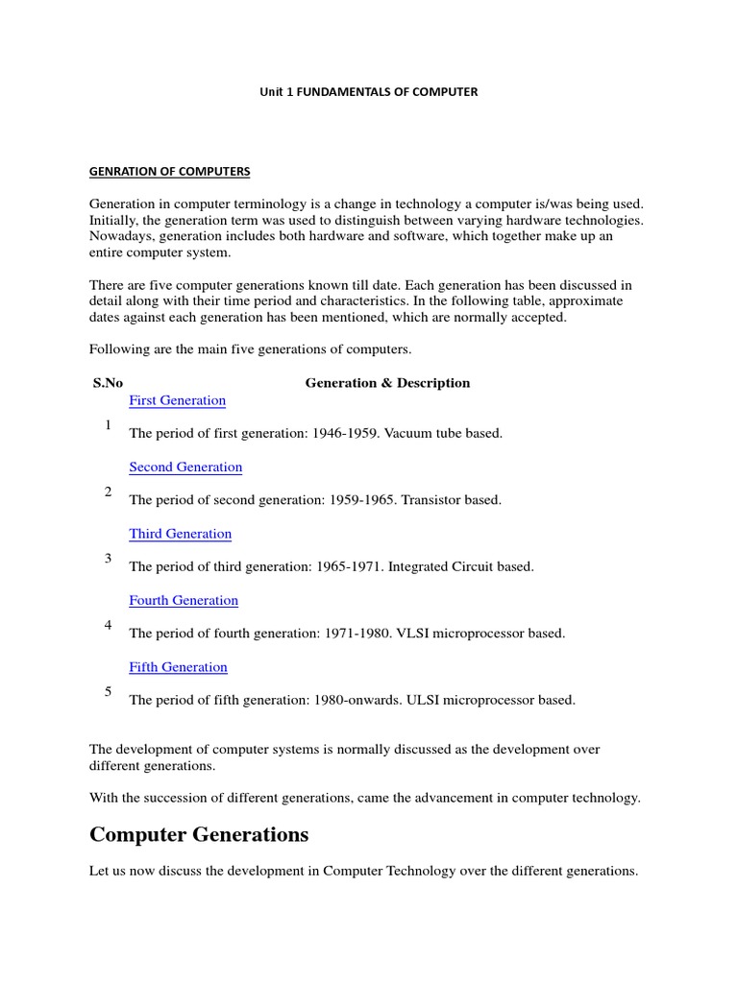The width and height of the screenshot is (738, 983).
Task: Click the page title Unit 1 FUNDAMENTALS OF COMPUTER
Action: click(x=369, y=92)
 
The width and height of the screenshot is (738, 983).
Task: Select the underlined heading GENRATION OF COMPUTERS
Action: click(x=169, y=172)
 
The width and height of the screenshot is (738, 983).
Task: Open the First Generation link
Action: click(x=177, y=400)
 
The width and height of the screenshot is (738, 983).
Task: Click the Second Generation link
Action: click(x=185, y=468)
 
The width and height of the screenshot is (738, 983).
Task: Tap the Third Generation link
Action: click(x=180, y=534)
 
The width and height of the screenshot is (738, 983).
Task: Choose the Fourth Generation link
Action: click(x=184, y=601)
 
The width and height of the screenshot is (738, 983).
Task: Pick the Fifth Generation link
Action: click(x=178, y=667)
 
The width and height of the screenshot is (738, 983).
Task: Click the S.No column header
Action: click(x=108, y=383)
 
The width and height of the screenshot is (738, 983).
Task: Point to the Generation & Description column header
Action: click(x=387, y=383)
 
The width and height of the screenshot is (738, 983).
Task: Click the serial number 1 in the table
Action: click(x=109, y=425)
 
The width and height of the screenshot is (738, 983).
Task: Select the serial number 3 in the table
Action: click(x=109, y=559)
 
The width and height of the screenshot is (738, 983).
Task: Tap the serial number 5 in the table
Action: click(x=109, y=692)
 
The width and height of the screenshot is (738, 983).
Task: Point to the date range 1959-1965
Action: click(x=359, y=500)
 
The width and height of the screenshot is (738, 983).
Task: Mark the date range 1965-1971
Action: click(x=348, y=567)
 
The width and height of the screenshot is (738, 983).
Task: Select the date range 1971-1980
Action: click(x=357, y=634)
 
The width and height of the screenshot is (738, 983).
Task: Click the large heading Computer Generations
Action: click(x=199, y=835)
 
